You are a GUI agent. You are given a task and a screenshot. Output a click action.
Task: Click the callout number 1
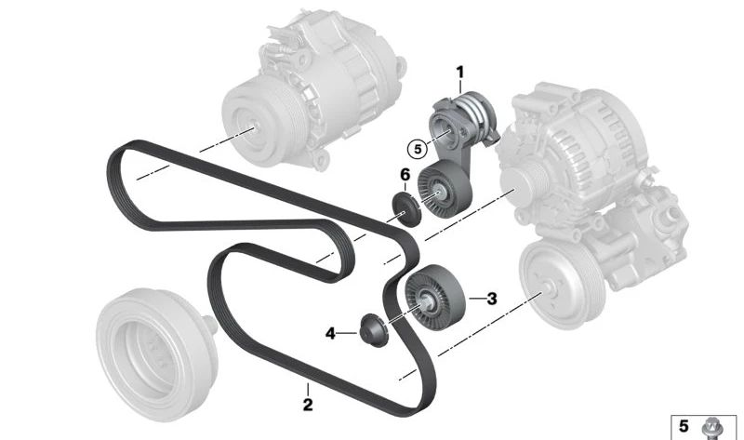coord(459,73)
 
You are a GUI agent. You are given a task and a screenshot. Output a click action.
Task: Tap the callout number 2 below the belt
coord(308,405)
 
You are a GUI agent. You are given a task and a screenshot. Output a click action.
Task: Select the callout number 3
coord(492,299)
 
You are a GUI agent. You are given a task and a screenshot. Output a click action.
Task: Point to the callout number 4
coord(330,334)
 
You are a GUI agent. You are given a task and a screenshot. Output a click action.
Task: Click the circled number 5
coord(418,149)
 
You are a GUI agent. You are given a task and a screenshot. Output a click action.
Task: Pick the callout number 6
coord(405,175)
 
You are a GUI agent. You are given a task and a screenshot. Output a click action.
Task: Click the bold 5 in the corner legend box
coord(684,426)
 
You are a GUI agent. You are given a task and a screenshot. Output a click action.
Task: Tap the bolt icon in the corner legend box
coord(711,428)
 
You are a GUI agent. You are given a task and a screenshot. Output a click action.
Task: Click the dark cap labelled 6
coord(406,209)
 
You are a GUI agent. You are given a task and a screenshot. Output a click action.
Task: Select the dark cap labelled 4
coord(374,330)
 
